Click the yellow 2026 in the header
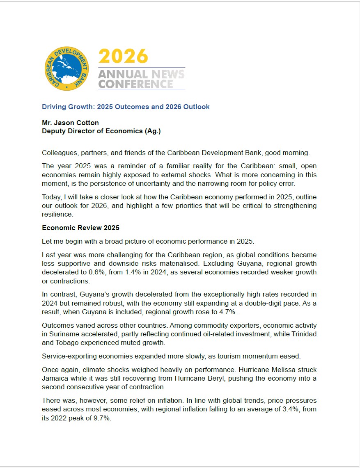point(123,56)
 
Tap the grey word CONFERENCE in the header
point(136,84)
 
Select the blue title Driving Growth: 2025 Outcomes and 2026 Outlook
point(126,107)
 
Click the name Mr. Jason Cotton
point(70,123)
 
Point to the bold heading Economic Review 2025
point(80,228)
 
